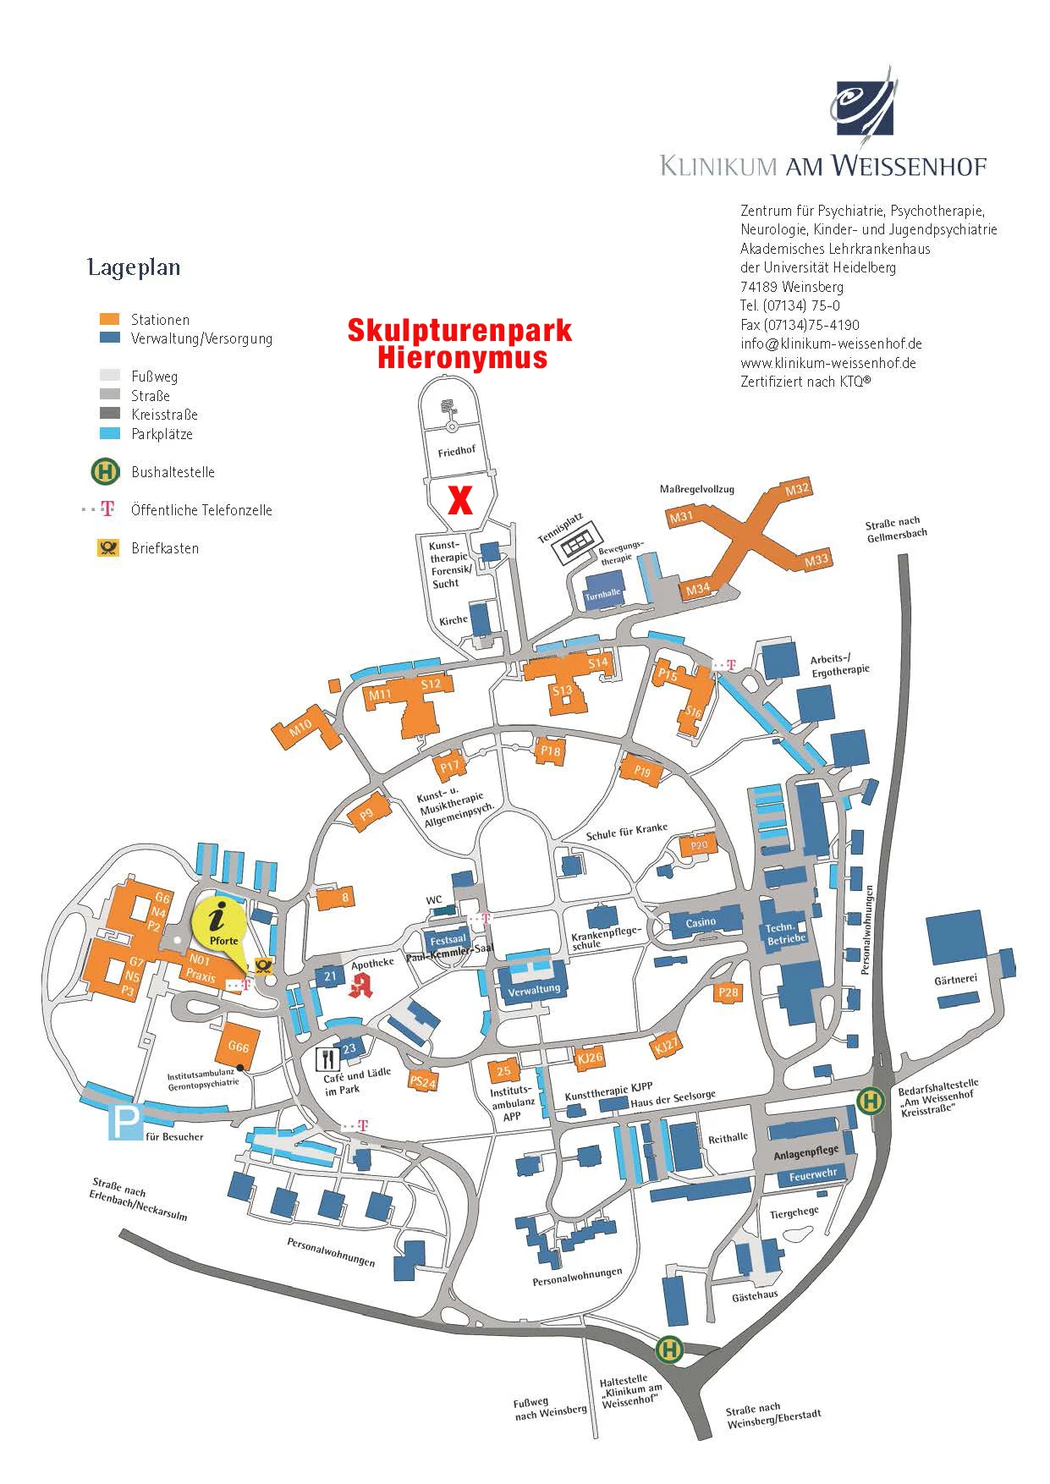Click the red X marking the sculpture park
click(459, 500)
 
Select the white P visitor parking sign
click(125, 1124)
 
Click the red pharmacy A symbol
click(361, 985)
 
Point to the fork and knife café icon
click(327, 1058)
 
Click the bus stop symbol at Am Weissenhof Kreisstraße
click(870, 1101)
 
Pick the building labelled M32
click(796, 490)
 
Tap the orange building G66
click(239, 1045)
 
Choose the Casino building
click(701, 922)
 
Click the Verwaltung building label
click(534, 989)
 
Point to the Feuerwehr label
click(812, 1175)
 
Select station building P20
click(699, 844)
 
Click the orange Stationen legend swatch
click(109, 319)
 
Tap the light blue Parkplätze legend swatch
click(110, 434)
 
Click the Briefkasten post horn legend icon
click(107, 547)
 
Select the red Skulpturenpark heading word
click(459, 330)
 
